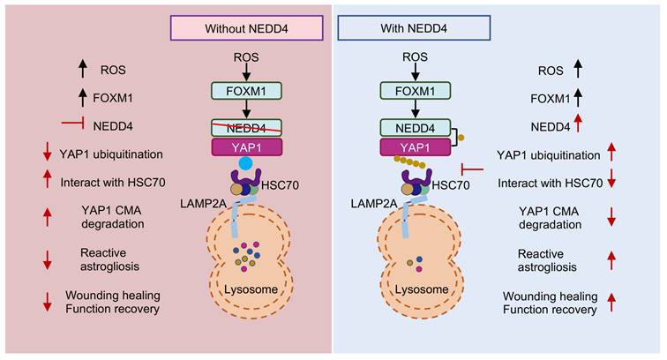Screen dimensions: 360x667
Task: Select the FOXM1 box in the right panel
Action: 416,91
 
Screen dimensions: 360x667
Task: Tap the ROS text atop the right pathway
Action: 416,58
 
